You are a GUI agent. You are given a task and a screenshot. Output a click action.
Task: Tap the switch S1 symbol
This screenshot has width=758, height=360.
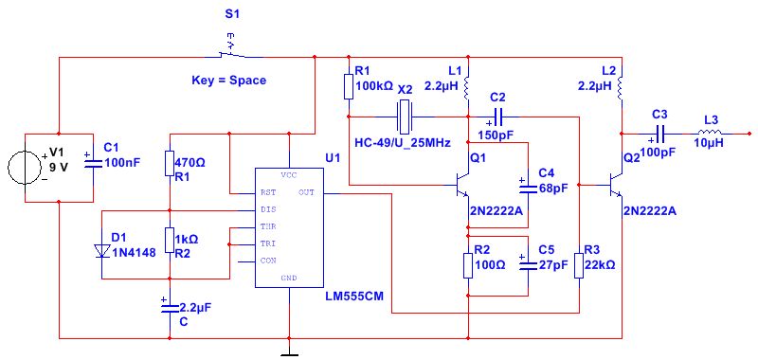click(x=227, y=46)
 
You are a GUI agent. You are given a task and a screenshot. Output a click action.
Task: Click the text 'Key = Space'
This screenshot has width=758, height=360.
click(x=228, y=81)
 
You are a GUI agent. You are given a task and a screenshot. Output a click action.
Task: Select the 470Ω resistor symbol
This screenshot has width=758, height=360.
click(x=169, y=164)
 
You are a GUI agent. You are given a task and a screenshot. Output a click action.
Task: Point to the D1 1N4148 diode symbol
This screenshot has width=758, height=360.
click(x=102, y=250)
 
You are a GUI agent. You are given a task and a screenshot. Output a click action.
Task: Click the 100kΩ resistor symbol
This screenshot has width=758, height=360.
click(x=350, y=87)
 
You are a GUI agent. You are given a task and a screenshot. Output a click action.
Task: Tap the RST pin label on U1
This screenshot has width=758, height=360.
click(x=268, y=192)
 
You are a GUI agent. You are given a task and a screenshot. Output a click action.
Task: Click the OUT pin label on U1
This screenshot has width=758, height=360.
click(x=306, y=192)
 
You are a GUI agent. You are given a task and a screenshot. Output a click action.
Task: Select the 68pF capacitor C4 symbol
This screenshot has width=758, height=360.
click(x=526, y=182)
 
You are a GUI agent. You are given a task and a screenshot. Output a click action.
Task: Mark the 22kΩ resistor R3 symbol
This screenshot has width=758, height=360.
click(x=579, y=265)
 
